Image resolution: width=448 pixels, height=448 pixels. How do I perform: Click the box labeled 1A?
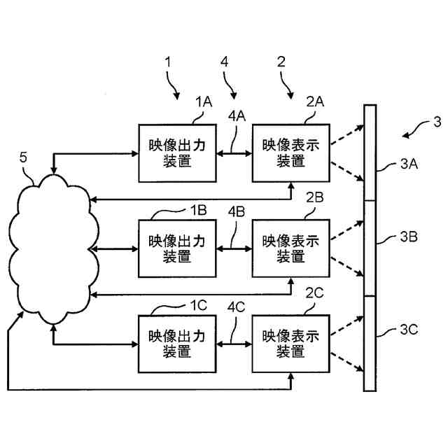[x=177, y=153]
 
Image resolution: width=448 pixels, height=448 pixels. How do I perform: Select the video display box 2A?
[x=291, y=153]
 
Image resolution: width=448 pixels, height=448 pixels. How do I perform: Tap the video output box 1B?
[x=177, y=248]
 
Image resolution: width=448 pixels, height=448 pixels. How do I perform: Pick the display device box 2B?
[x=291, y=248]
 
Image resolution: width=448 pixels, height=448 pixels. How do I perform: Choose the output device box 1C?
[x=177, y=344]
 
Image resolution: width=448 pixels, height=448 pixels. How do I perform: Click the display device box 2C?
[x=291, y=344]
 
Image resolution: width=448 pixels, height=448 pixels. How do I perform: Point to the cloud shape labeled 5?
[x=54, y=249]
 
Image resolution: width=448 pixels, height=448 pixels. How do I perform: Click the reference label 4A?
[x=237, y=116]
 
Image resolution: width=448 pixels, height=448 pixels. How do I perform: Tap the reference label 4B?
[x=237, y=211]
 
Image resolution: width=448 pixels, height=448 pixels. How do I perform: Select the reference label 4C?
[x=237, y=307]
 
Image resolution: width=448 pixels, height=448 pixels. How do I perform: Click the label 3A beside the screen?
[x=409, y=164]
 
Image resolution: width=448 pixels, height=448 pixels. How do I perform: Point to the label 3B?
[x=409, y=237]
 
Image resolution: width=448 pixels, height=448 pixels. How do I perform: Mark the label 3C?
[x=409, y=330]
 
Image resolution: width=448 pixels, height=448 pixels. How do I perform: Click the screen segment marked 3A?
[x=370, y=153]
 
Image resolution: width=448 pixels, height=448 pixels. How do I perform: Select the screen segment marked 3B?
[x=370, y=248]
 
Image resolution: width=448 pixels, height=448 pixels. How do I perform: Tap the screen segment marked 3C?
[x=370, y=344]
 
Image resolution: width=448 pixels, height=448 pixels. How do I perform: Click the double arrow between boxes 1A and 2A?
[x=234, y=154]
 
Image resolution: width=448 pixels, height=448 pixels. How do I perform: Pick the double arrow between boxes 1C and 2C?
[x=234, y=344]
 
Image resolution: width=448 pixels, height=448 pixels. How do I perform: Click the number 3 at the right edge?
[x=437, y=122]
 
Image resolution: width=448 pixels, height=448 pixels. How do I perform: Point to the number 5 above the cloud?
[x=23, y=157]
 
